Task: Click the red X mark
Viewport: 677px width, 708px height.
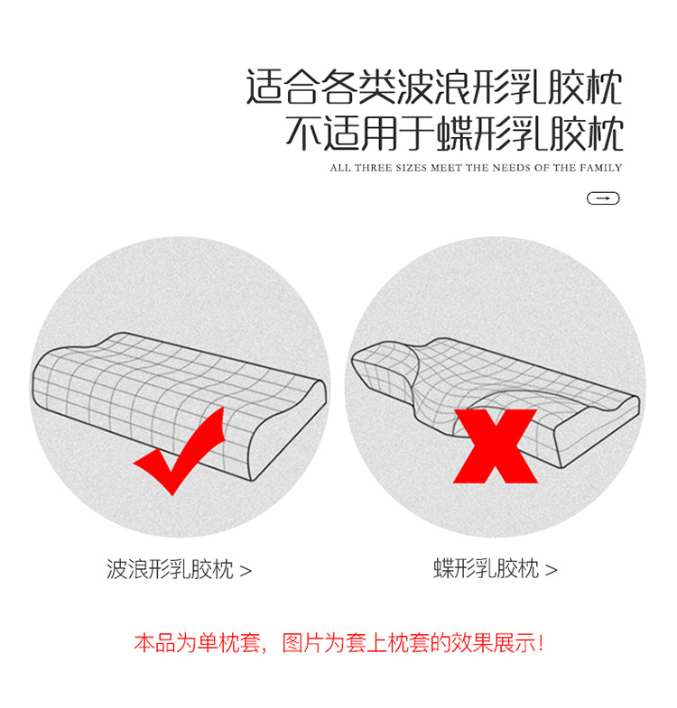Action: [x=496, y=446]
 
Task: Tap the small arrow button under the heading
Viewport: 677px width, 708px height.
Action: [x=603, y=198]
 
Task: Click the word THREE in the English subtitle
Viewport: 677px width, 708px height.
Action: [x=374, y=168]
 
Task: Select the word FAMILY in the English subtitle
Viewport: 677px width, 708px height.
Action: [x=601, y=168]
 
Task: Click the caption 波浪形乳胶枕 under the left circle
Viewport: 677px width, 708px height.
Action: [x=170, y=569]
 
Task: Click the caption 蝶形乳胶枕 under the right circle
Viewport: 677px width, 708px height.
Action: [x=487, y=568]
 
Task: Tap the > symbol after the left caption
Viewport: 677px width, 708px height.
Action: [x=246, y=571]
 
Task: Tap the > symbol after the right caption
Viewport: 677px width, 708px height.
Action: [x=551, y=570]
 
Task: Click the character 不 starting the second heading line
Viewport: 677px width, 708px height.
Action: [x=303, y=133]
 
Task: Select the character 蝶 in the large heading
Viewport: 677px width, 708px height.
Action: [x=454, y=133]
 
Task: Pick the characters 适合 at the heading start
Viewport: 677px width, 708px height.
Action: [x=283, y=87]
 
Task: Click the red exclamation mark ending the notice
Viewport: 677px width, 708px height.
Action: [x=541, y=643]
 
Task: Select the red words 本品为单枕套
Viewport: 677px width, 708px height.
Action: [x=198, y=643]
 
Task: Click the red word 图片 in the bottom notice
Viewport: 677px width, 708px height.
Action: [x=302, y=643]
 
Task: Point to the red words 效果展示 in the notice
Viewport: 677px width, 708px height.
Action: [x=494, y=643]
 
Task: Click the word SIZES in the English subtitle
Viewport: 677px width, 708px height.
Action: [x=412, y=168]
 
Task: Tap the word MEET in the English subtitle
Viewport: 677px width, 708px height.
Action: [x=446, y=168]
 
